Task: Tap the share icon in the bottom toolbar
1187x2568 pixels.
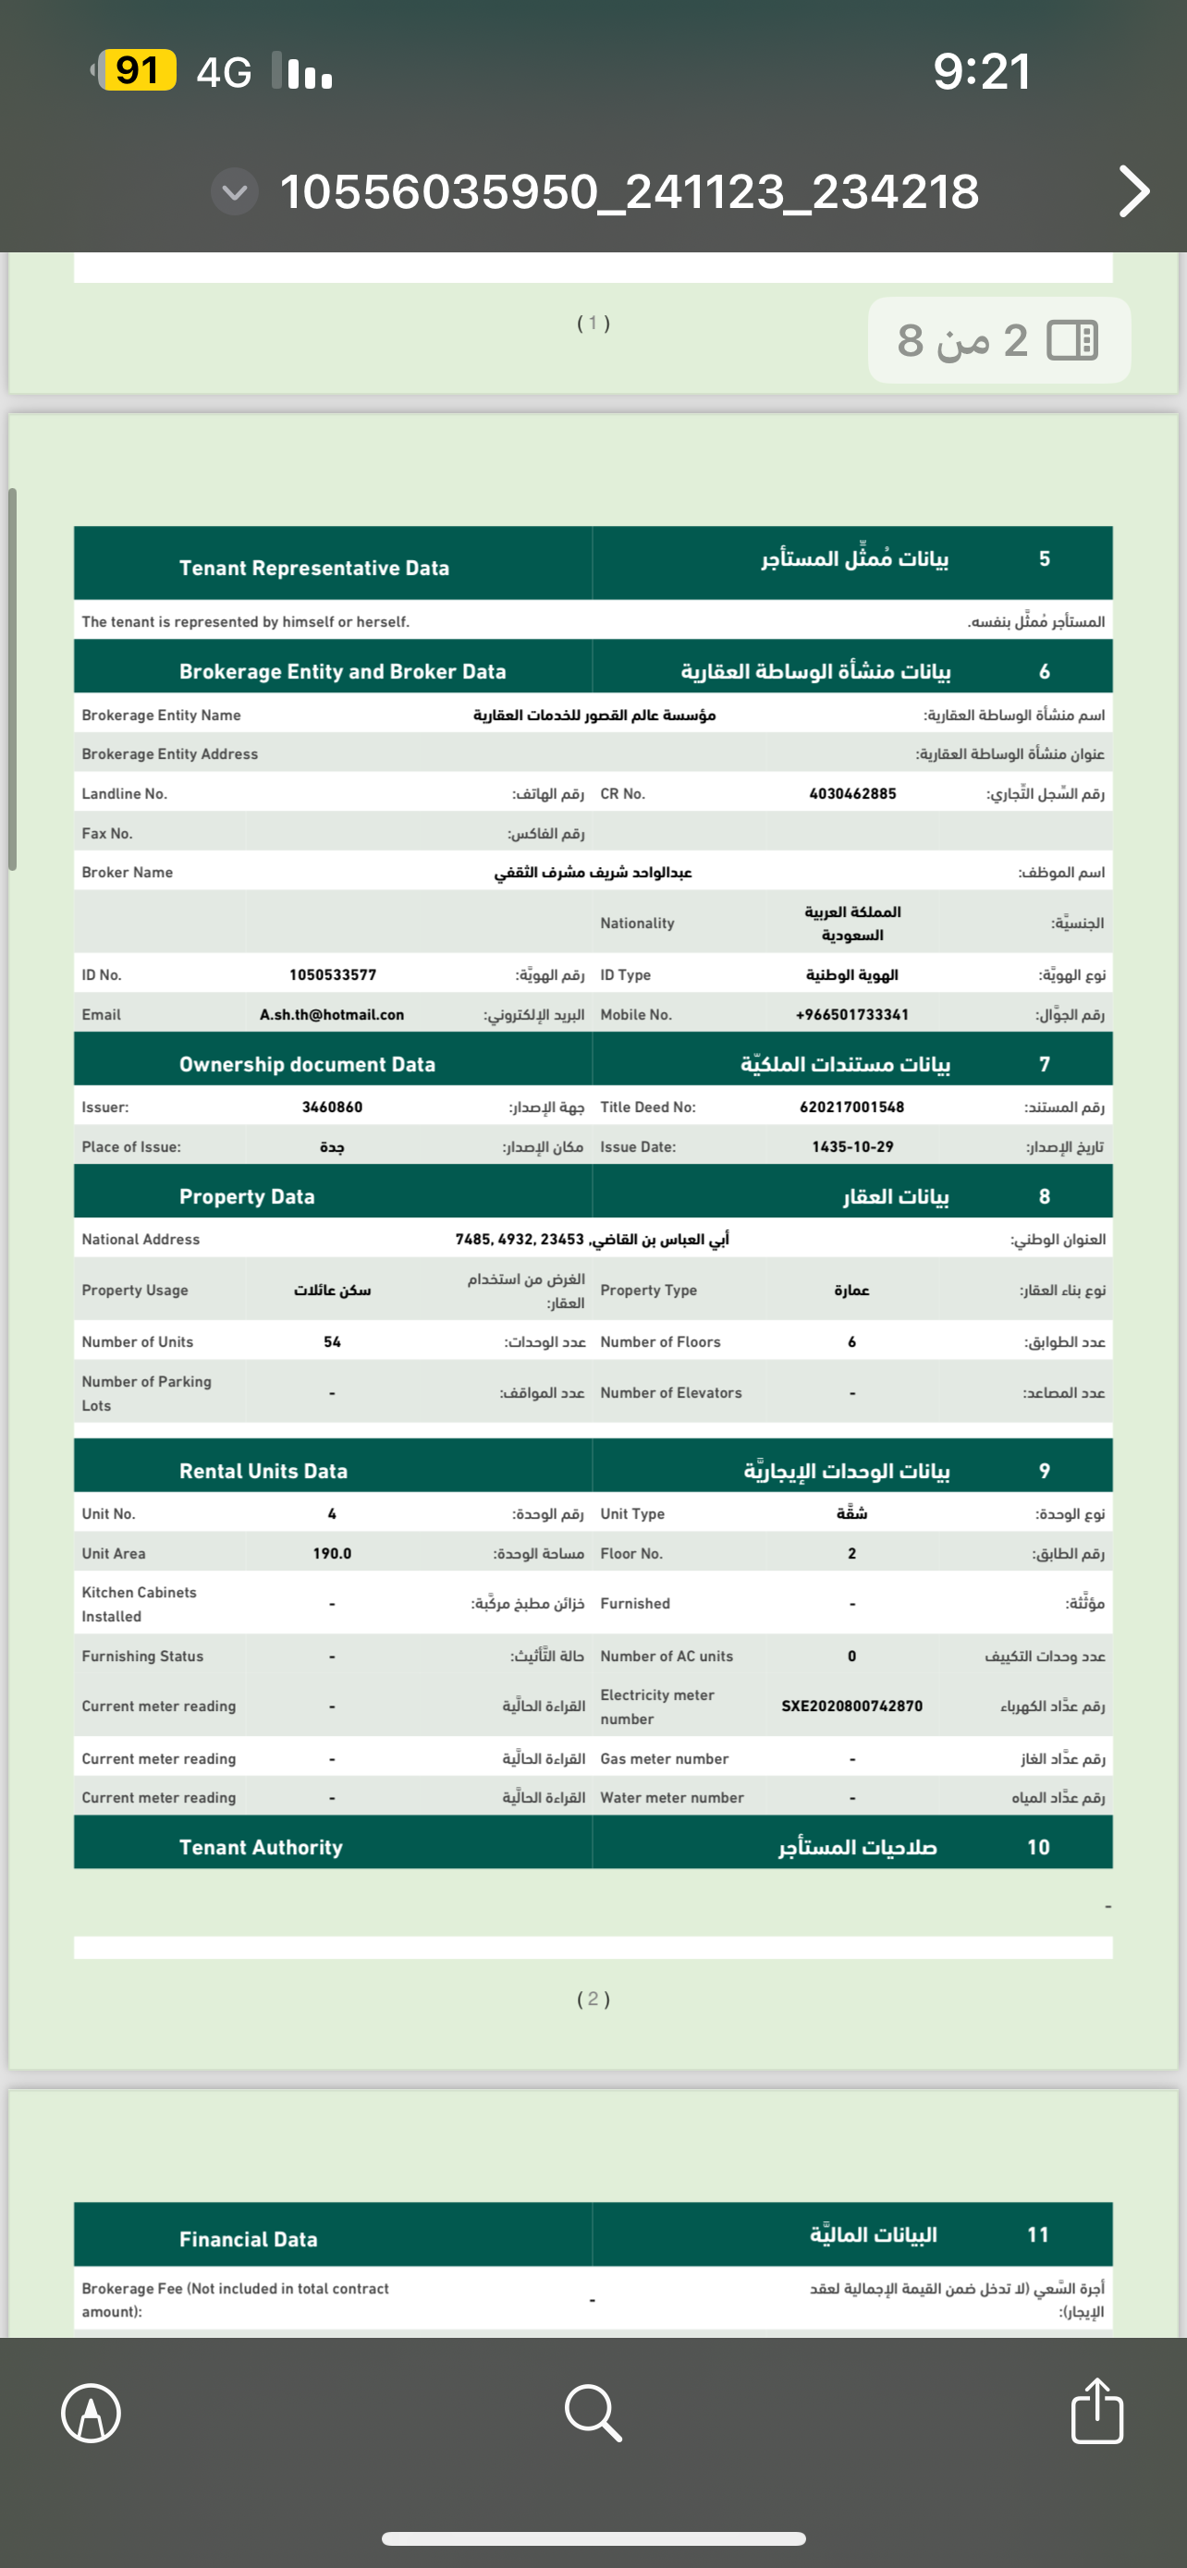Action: tap(1096, 2412)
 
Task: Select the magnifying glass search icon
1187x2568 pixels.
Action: tap(593, 2413)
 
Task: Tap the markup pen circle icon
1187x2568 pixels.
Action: tap(91, 2414)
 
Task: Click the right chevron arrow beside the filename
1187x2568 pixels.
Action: tap(1133, 191)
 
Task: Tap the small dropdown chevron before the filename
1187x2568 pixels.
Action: tap(235, 191)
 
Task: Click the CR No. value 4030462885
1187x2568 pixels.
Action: tap(852, 793)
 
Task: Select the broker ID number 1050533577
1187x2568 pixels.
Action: tap(333, 975)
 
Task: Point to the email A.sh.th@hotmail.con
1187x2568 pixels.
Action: tap(332, 1015)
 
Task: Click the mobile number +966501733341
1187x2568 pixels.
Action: tap(852, 1015)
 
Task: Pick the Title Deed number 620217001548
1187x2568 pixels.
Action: tap(852, 1107)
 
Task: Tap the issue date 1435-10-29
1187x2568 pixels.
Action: tap(852, 1146)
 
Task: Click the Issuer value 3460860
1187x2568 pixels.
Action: tap(332, 1107)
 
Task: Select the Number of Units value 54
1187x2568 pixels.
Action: tap(332, 1342)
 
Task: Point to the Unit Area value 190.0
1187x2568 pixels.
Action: tap(332, 1553)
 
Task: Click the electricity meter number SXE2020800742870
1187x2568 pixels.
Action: tap(852, 1706)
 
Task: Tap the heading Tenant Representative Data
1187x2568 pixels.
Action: tap(314, 568)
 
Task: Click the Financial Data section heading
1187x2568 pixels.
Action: tap(248, 2239)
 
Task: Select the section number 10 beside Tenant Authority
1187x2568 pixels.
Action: tap(1038, 1847)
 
